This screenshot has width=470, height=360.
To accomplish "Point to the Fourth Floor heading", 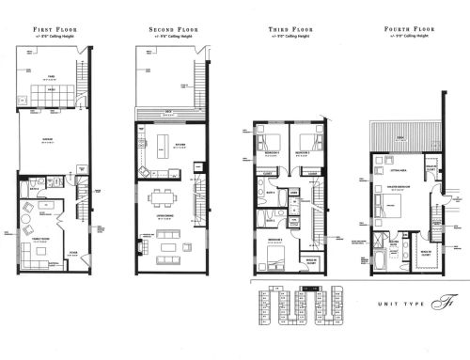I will pyautogui.click(x=406, y=31).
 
